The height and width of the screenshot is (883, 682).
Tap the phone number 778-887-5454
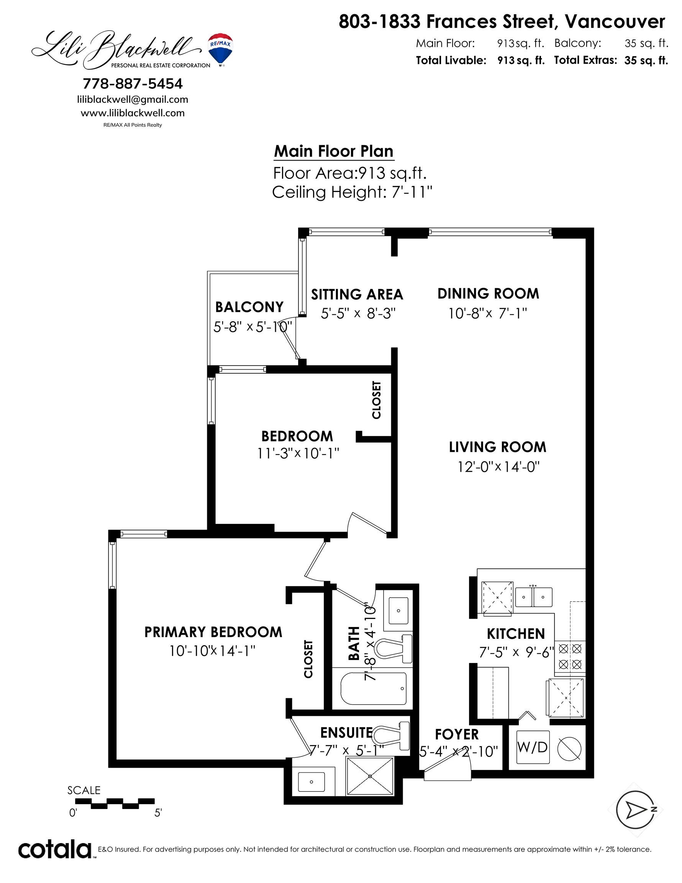click(x=133, y=84)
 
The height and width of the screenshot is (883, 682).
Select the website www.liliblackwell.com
click(x=133, y=113)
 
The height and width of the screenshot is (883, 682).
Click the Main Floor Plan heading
click(x=333, y=151)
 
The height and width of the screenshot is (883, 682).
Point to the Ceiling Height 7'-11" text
click(x=352, y=192)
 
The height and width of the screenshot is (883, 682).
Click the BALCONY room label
click(x=249, y=307)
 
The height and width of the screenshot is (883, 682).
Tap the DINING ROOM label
click(x=488, y=294)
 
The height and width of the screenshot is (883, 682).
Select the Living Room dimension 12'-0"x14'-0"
click(x=498, y=467)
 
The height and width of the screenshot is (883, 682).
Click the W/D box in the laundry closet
click(x=533, y=747)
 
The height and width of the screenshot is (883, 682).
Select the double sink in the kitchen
click(x=534, y=597)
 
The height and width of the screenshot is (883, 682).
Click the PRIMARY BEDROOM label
click(x=213, y=632)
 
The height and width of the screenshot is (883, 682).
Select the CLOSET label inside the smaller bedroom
click(x=376, y=399)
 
